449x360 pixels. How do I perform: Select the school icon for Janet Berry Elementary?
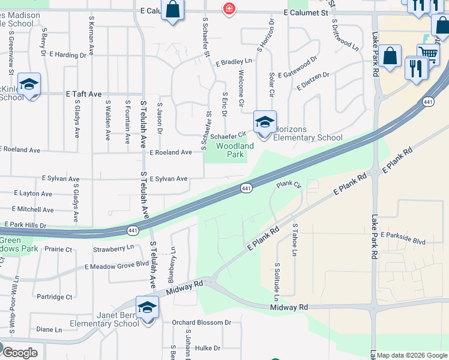[x=147, y=308]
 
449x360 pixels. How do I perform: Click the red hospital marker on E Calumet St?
[x=229, y=8]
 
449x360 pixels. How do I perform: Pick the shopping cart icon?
[x=428, y=54]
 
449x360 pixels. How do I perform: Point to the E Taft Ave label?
[x=84, y=94]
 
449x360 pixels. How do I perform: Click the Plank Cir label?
[x=288, y=185]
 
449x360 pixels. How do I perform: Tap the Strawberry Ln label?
[x=113, y=248]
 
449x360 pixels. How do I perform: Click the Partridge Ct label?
[x=54, y=296]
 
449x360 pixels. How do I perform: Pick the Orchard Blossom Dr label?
[x=202, y=322]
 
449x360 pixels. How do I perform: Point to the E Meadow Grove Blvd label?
[x=116, y=265]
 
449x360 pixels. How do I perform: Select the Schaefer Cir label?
[x=228, y=136]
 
